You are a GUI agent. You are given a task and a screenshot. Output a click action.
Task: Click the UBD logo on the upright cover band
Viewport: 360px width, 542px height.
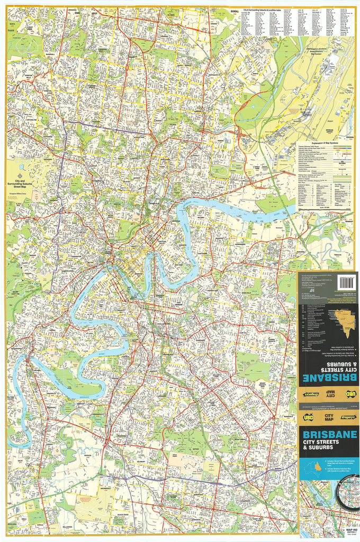[308, 417]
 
